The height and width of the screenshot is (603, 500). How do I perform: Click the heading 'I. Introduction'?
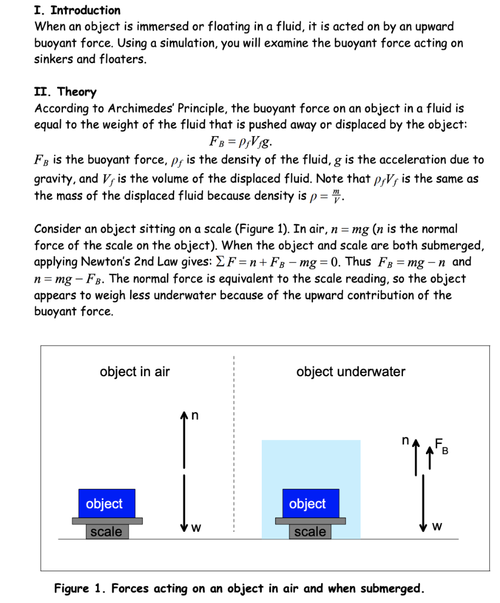pyautogui.click(x=77, y=10)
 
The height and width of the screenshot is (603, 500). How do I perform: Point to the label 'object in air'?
pyautogui.click(x=135, y=372)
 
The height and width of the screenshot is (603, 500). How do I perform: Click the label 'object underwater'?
pyautogui.click(x=351, y=372)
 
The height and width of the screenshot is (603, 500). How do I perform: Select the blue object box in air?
pyautogui.click(x=106, y=503)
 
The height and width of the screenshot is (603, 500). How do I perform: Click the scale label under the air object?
pyautogui.click(x=106, y=532)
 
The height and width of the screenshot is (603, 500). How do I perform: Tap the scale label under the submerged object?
pyautogui.click(x=309, y=532)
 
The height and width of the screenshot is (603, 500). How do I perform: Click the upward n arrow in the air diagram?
pyautogui.click(x=184, y=439)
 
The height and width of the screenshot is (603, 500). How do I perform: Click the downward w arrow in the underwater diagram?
pyautogui.click(x=422, y=501)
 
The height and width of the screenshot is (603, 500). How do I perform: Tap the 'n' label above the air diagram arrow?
pyautogui.click(x=196, y=416)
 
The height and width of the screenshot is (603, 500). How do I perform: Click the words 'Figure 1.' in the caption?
pyautogui.click(x=79, y=588)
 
